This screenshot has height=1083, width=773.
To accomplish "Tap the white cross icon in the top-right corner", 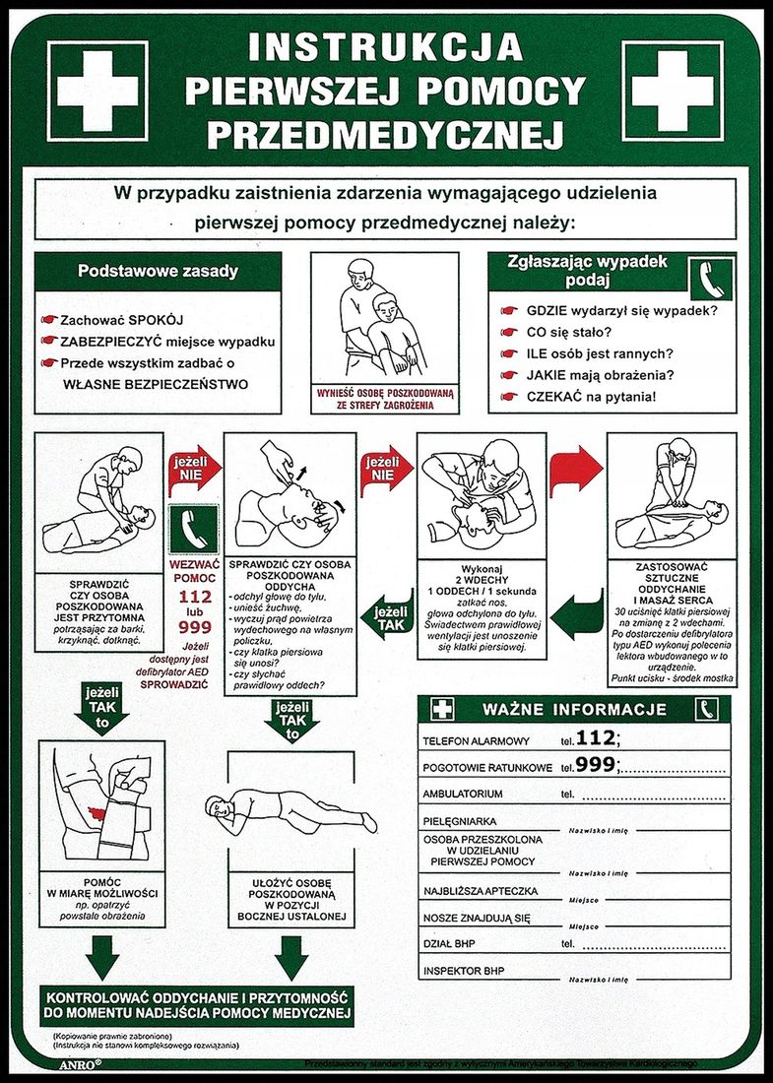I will click(673, 91).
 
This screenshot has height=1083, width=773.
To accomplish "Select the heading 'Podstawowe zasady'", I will click(158, 271).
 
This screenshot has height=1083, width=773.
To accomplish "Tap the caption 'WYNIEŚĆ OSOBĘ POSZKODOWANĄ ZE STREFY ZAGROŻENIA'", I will click(384, 398).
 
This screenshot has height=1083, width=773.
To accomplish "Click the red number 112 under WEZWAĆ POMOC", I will click(195, 598).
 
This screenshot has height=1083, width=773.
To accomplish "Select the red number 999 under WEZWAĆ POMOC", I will click(195, 627).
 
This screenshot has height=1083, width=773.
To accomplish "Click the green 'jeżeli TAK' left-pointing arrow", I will click(386, 618).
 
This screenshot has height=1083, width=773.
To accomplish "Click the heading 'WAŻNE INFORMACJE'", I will click(574, 709).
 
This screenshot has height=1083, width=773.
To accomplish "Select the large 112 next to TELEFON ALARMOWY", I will click(597, 737).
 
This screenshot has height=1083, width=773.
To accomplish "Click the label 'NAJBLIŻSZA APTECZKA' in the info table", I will click(481, 891).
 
